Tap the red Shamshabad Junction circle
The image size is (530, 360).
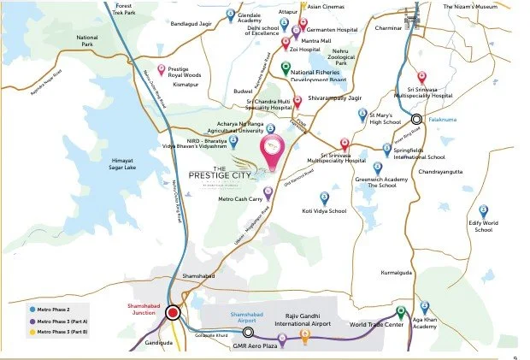(174, 313)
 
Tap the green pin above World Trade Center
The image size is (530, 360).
(400, 312)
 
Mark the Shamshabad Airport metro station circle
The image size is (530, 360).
(248, 332)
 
